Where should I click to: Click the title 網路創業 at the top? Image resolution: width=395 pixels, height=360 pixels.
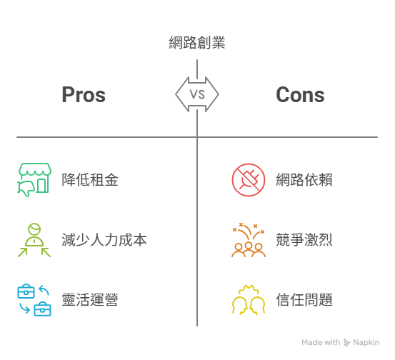[x=197, y=43]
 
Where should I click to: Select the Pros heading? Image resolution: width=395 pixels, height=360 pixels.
[x=84, y=95]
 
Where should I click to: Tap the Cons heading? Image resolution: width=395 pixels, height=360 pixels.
[x=300, y=95]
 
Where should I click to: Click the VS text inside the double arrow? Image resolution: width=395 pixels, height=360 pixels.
[x=197, y=94]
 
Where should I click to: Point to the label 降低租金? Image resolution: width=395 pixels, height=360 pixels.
[x=90, y=179]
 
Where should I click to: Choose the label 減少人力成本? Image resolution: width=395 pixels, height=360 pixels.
[x=104, y=239]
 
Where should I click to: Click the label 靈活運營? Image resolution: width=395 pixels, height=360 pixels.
[x=90, y=299]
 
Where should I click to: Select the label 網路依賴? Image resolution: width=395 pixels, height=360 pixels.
[x=304, y=179]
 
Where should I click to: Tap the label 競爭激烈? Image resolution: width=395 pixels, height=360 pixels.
[x=304, y=239]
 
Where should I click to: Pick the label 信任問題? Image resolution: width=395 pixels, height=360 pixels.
[x=304, y=299]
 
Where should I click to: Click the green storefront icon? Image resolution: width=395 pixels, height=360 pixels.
[x=34, y=179]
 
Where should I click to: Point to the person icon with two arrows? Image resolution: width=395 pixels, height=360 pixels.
[x=34, y=239]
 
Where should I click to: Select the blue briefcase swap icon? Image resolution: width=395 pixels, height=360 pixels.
[x=34, y=300]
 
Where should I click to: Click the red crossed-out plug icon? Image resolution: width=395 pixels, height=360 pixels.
[x=249, y=180]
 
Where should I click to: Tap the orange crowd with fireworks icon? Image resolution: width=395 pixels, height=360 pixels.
[x=249, y=239]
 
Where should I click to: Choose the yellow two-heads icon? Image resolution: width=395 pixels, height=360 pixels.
[x=249, y=300]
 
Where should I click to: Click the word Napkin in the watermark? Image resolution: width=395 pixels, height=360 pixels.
[x=366, y=342]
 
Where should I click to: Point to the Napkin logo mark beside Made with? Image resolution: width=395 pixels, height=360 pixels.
[x=346, y=343]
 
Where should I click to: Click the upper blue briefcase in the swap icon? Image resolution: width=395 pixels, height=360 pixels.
[x=26, y=291]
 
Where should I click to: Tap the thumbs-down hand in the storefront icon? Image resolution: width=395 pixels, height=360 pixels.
[x=26, y=188]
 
